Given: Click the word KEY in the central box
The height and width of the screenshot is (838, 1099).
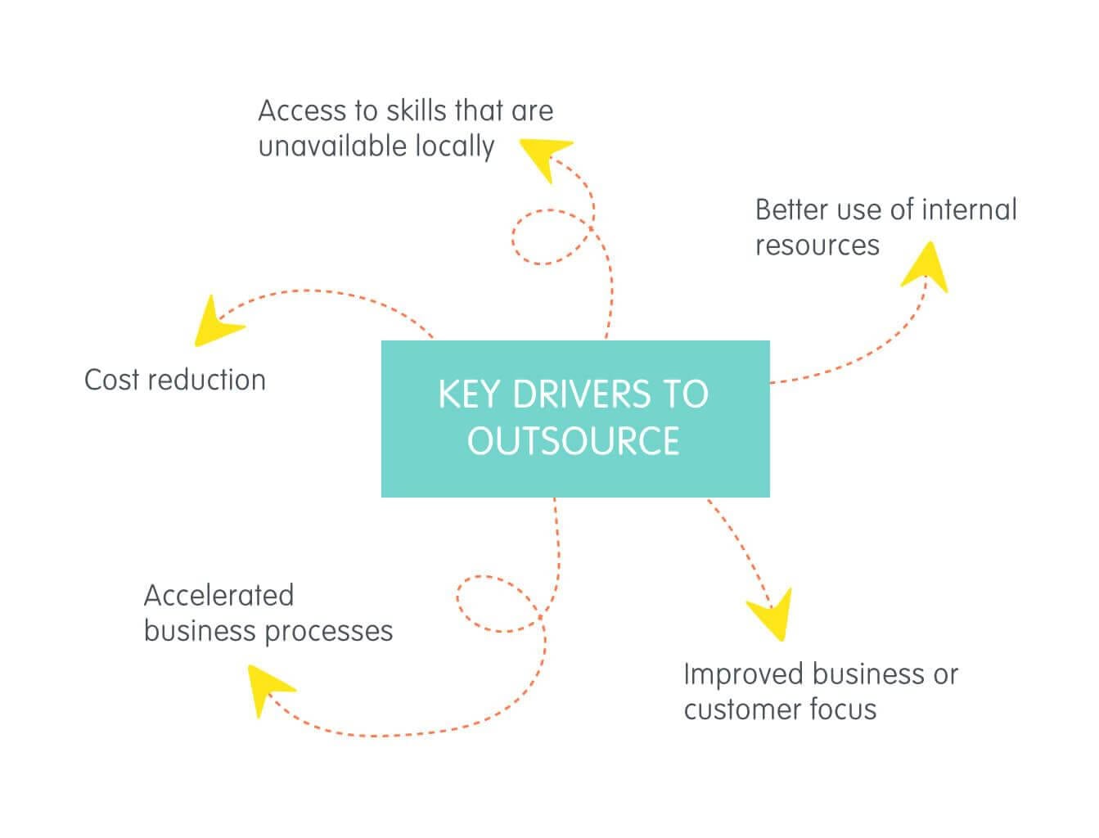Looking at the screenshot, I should pos(470,394).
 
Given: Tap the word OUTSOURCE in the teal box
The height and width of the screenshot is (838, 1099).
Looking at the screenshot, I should pos(574,440).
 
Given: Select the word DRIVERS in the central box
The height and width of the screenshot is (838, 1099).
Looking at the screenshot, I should pos(581,394).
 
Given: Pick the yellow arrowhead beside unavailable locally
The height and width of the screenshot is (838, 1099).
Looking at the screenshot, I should pos(546,157).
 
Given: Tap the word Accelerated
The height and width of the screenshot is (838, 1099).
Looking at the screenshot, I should pos(218,595).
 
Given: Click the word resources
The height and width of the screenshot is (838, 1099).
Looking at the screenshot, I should pos(817,246).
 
